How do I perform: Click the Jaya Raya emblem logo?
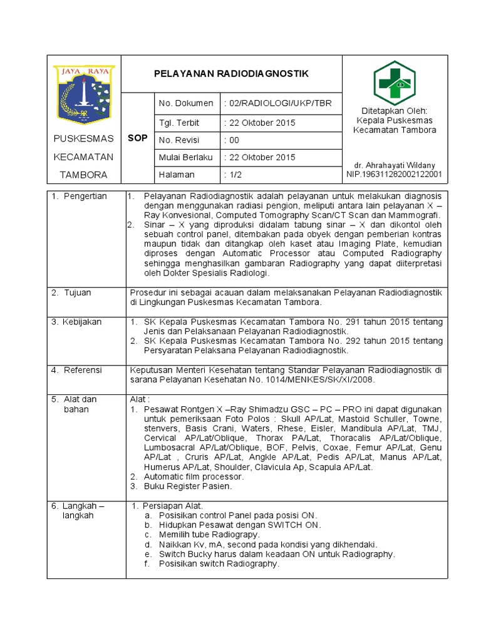(83, 93)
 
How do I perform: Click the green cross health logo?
(395, 84)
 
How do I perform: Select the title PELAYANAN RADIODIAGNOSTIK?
(231, 74)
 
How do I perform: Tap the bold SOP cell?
(137, 138)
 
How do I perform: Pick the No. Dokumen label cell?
(186, 103)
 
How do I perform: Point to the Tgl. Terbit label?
(179, 123)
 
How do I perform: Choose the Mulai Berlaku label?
(186, 157)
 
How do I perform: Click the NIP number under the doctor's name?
(394, 174)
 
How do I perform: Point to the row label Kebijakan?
(82, 322)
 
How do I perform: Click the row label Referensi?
(82, 370)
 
